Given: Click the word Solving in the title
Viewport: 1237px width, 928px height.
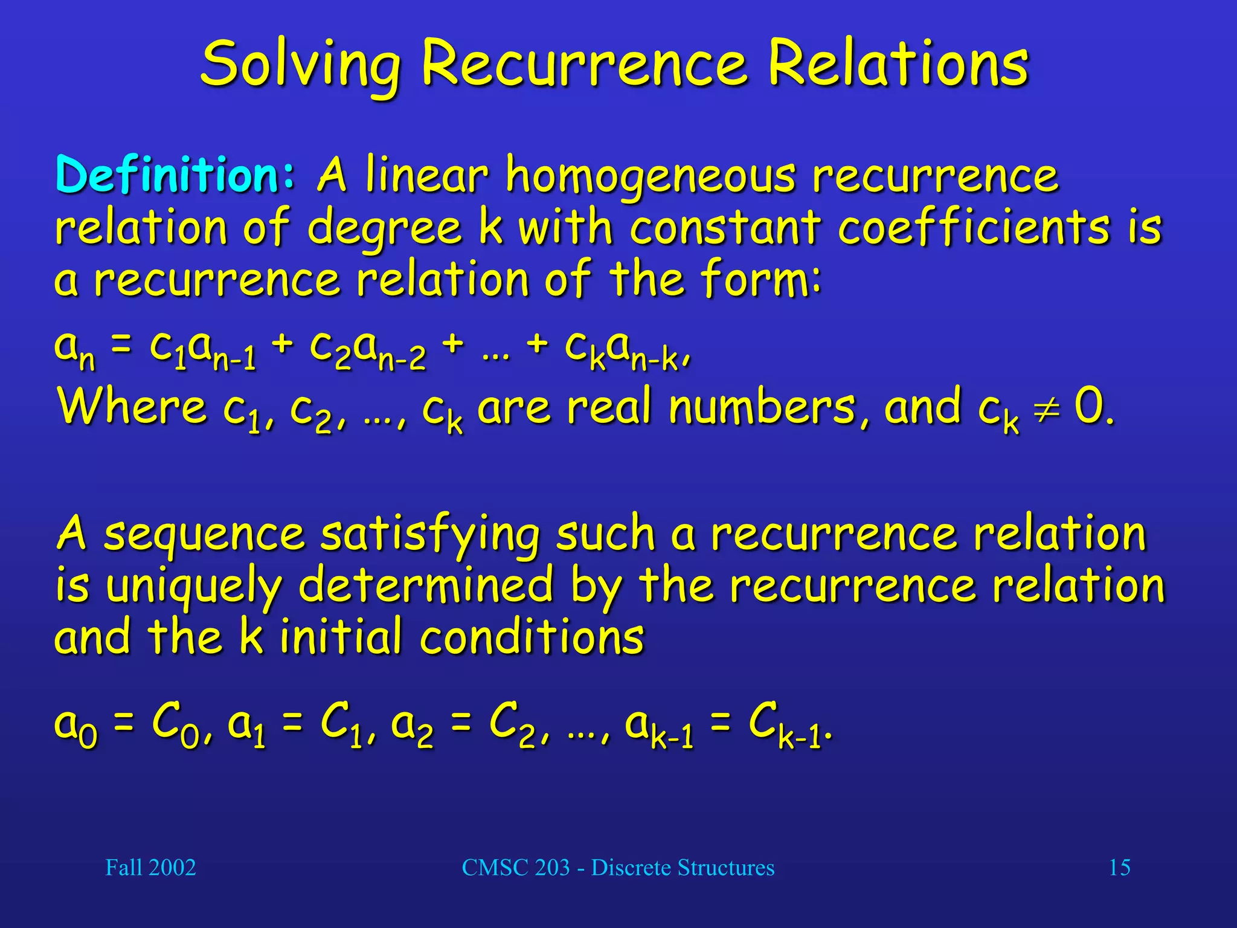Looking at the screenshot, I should pos(300,65).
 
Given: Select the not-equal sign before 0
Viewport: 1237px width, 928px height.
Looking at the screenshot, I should pos(1047,408).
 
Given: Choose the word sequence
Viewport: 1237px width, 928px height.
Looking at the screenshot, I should pos(204,534).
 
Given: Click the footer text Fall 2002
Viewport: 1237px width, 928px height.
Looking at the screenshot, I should pos(150,868).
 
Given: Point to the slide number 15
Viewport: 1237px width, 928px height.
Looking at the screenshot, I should pos(1119,868).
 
